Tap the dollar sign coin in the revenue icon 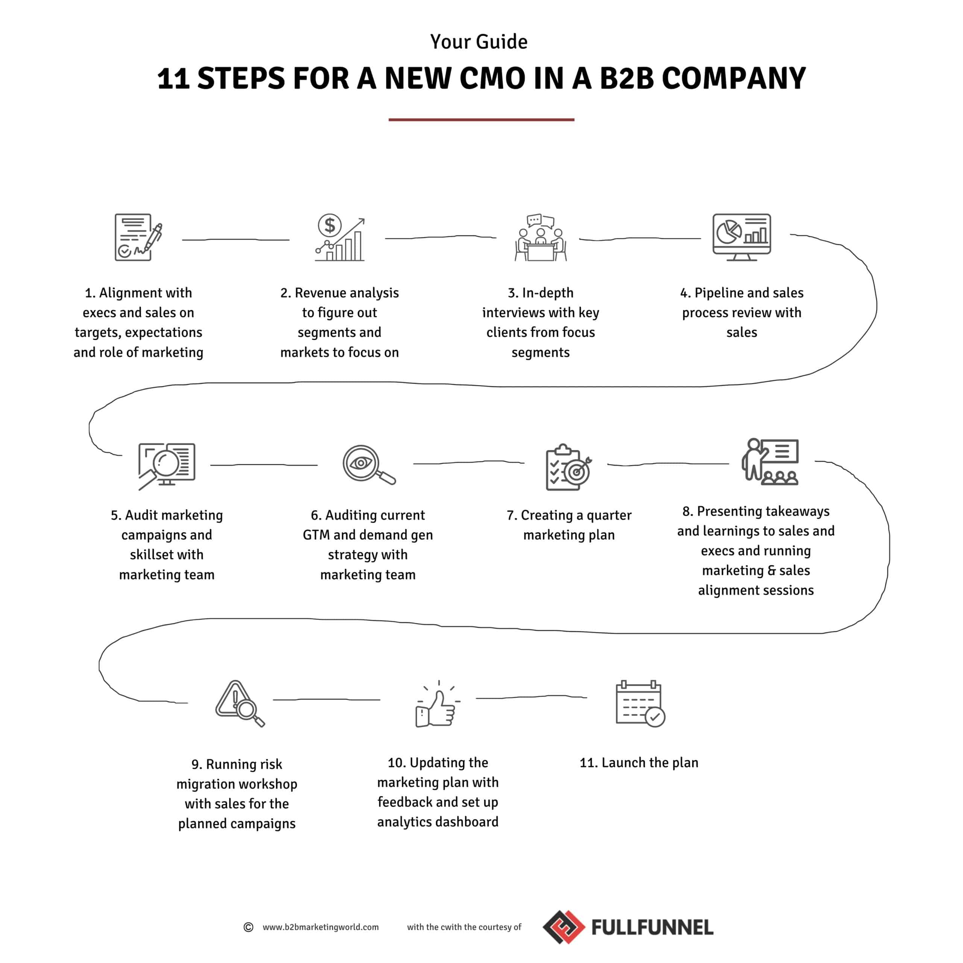click(x=330, y=225)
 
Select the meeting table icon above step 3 click(x=541, y=238)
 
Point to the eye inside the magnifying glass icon click(x=361, y=463)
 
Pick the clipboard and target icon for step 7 click(x=569, y=467)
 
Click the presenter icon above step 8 click(x=770, y=462)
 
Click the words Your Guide click(x=479, y=42)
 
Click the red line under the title click(x=481, y=120)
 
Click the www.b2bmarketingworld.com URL click(x=320, y=927)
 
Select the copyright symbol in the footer click(x=248, y=927)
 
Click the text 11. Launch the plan click(x=639, y=763)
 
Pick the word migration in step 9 click(x=207, y=784)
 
